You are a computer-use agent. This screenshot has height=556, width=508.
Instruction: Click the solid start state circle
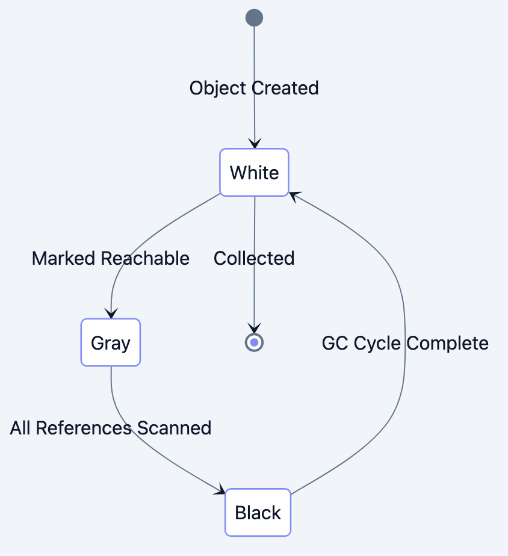254,18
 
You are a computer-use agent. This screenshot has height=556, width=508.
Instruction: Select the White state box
254,173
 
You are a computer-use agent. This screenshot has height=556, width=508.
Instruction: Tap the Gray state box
111,342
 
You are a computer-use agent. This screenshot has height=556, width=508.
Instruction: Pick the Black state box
258,513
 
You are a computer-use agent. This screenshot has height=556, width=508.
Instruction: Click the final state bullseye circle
254,342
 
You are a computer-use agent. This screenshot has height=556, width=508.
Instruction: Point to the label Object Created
254,88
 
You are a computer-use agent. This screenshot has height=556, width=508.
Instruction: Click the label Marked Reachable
111,258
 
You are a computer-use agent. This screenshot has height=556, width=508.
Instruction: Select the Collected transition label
254,258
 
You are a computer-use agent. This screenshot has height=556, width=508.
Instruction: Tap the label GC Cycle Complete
405,343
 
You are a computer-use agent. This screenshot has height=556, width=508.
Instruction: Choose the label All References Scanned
111,428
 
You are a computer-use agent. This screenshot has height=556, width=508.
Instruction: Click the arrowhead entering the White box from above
255,144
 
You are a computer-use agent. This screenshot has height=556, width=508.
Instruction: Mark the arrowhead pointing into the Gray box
111,313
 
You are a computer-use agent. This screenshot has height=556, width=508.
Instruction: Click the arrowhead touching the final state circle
254,329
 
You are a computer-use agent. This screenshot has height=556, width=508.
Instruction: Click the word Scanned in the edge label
175,428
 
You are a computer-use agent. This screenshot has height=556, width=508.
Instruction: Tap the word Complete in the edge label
447,343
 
